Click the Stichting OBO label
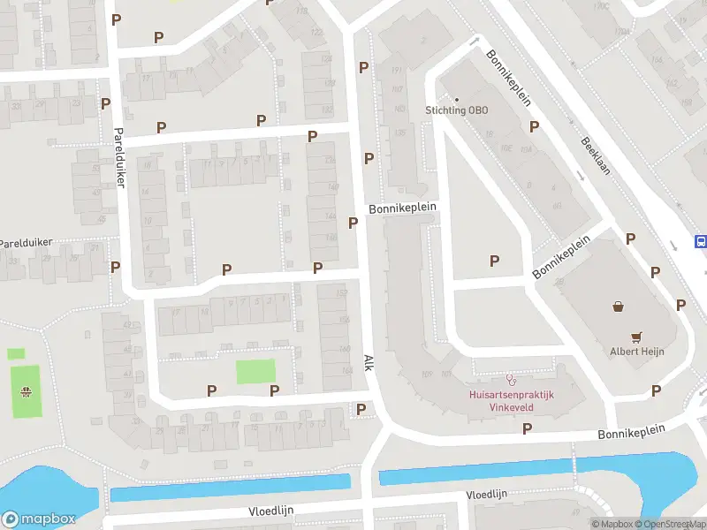click(x=456, y=110)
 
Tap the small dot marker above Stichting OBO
click(x=457, y=98)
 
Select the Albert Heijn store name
click(x=636, y=351)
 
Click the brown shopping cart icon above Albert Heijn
click(x=636, y=337)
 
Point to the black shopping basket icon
click(x=619, y=307)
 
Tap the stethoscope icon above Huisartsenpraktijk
click(x=510, y=379)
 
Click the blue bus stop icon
click(x=701, y=241)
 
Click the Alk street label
click(x=369, y=363)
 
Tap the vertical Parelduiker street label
click(x=119, y=158)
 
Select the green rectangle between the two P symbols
click(x=255, y=371)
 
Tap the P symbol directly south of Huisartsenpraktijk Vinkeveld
click(x=528, y=428)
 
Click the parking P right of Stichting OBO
click(x=534, y=126)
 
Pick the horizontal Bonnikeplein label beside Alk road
click(x=403, y=208)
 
